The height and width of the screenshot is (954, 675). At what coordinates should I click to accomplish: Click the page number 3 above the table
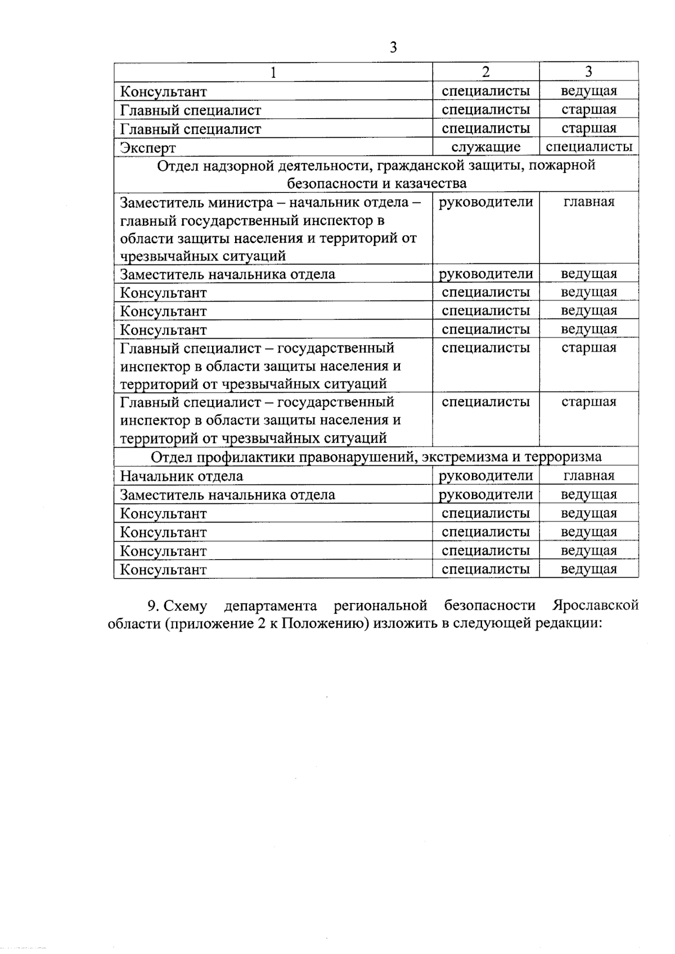[393, 48]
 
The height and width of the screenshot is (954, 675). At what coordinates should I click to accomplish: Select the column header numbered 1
[273, 72]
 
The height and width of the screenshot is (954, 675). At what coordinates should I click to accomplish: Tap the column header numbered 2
[485, 71]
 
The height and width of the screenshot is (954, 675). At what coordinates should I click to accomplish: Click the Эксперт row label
[148, 148]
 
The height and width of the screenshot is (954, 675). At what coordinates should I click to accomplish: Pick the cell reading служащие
[486, 147]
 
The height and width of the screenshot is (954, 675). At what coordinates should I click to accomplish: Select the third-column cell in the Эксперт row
[589, 147]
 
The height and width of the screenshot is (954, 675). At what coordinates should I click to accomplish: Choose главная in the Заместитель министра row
[589, 202]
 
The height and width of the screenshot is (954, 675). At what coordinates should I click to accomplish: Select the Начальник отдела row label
[182, 476]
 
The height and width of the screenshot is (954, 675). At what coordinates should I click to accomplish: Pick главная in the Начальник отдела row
[589, 476]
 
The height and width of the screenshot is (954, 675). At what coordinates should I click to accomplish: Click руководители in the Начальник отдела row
[486, 476]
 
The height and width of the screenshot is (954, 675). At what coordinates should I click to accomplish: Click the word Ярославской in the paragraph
[595, 606]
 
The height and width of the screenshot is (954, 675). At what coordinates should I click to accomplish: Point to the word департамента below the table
[270, 606]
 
